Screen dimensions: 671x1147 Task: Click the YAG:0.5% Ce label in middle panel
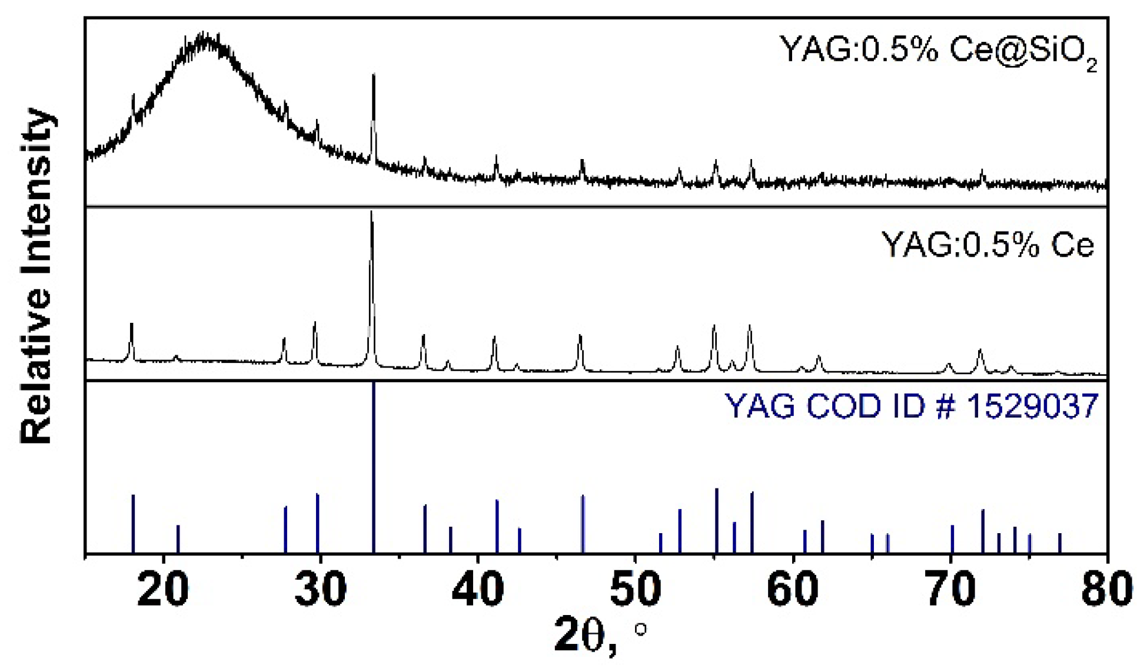[x=987, y=244]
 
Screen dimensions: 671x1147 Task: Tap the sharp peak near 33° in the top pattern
[x=373, y=77]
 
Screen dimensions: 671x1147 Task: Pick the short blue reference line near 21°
[x=178, y=538]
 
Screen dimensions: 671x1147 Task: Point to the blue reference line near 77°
[x=1060, y=543]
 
